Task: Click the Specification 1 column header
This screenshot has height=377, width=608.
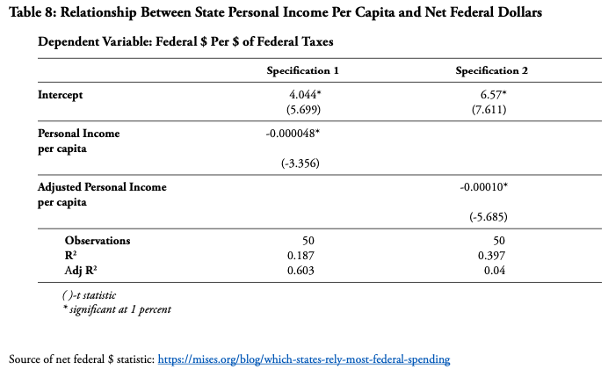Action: point(302,70)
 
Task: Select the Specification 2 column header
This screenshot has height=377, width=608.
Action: point(492,70)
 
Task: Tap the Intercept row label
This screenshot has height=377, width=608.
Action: point(60,95)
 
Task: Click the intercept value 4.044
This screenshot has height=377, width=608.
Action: point(305,95)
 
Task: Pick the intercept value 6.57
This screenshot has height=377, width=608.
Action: point(493,95)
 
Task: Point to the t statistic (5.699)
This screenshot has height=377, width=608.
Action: point(304,110)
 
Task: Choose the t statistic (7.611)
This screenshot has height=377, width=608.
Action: point(489,110)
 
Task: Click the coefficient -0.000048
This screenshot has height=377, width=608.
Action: point(293,134)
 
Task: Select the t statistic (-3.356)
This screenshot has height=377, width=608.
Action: point(300,163)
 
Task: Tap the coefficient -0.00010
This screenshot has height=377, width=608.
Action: point(483,187)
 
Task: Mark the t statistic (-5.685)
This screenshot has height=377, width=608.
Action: point(489,217)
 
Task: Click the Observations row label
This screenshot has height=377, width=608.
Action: point(98,241)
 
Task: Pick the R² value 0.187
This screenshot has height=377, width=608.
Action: point(300,256)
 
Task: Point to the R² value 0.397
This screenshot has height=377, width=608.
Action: point(491,256)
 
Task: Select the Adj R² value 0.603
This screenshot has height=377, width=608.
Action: point(300,271)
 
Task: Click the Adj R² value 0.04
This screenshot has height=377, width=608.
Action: point(495,271)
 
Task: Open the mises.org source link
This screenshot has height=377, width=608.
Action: point(304,359)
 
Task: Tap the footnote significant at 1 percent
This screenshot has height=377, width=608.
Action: point(117,309)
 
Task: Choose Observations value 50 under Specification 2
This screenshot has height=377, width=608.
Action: point(499,241)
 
